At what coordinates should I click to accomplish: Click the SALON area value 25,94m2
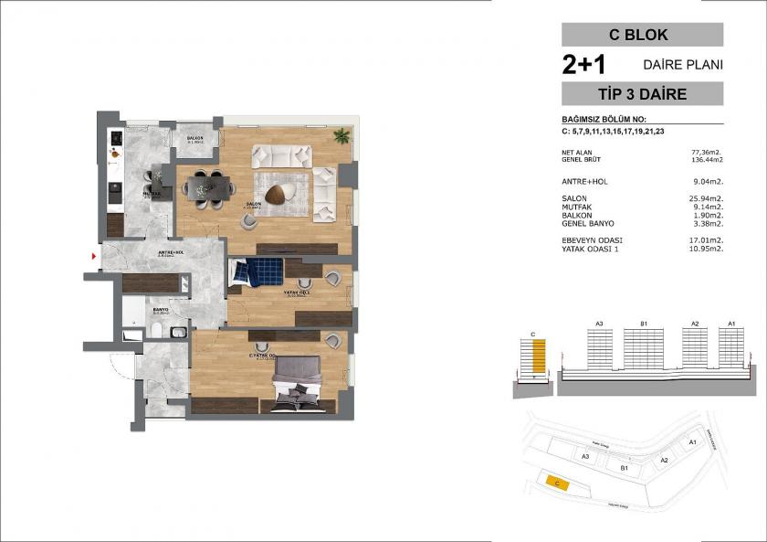tap(706, 198)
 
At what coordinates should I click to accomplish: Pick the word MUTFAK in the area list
tap(577, 207)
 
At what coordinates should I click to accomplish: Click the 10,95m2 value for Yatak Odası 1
tap(706, 249)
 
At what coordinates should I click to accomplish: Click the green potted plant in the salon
tap(341, 137)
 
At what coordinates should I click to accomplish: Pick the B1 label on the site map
tap(625, 467)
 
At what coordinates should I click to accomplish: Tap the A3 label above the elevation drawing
tap(600, 324)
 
